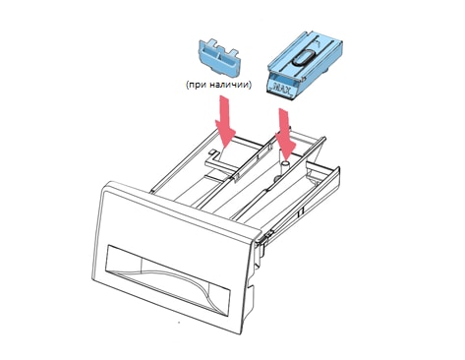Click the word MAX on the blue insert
click(281, 89)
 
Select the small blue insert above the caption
click(219, 56)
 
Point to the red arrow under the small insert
click(225, 123)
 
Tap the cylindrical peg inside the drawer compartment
click(285, 164)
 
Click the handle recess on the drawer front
click(168, 279)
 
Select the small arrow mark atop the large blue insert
click(318, 42)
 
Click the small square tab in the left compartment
click(212, 151)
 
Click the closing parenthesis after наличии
click(251, 86)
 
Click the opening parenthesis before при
click(187, 86)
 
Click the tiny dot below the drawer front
click(179, 323)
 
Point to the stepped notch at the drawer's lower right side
click(250, 292)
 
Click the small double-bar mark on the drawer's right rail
click(300, 212)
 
